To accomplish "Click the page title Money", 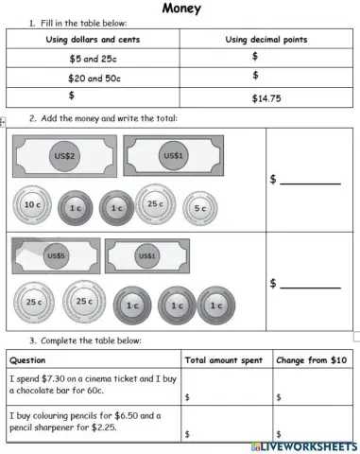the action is [180, 9].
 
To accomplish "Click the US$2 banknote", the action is [64, 155].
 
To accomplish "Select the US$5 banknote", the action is [55, 255].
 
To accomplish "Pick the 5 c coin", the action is [199, 208].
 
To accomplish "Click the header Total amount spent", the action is [222, 360].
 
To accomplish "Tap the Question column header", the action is [27, 360].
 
